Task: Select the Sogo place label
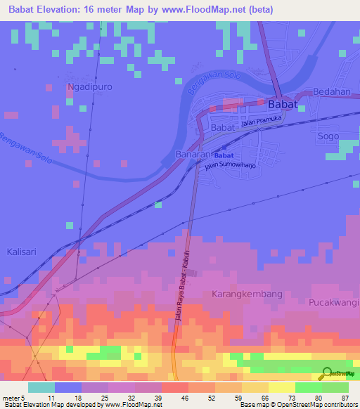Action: pos(328,136)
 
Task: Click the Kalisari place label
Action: pos(23,252)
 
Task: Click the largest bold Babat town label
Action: pos(282,104)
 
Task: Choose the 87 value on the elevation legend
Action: pos(345,398)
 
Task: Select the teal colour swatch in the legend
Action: pos(41,387)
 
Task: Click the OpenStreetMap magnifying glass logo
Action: pos(326,374)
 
